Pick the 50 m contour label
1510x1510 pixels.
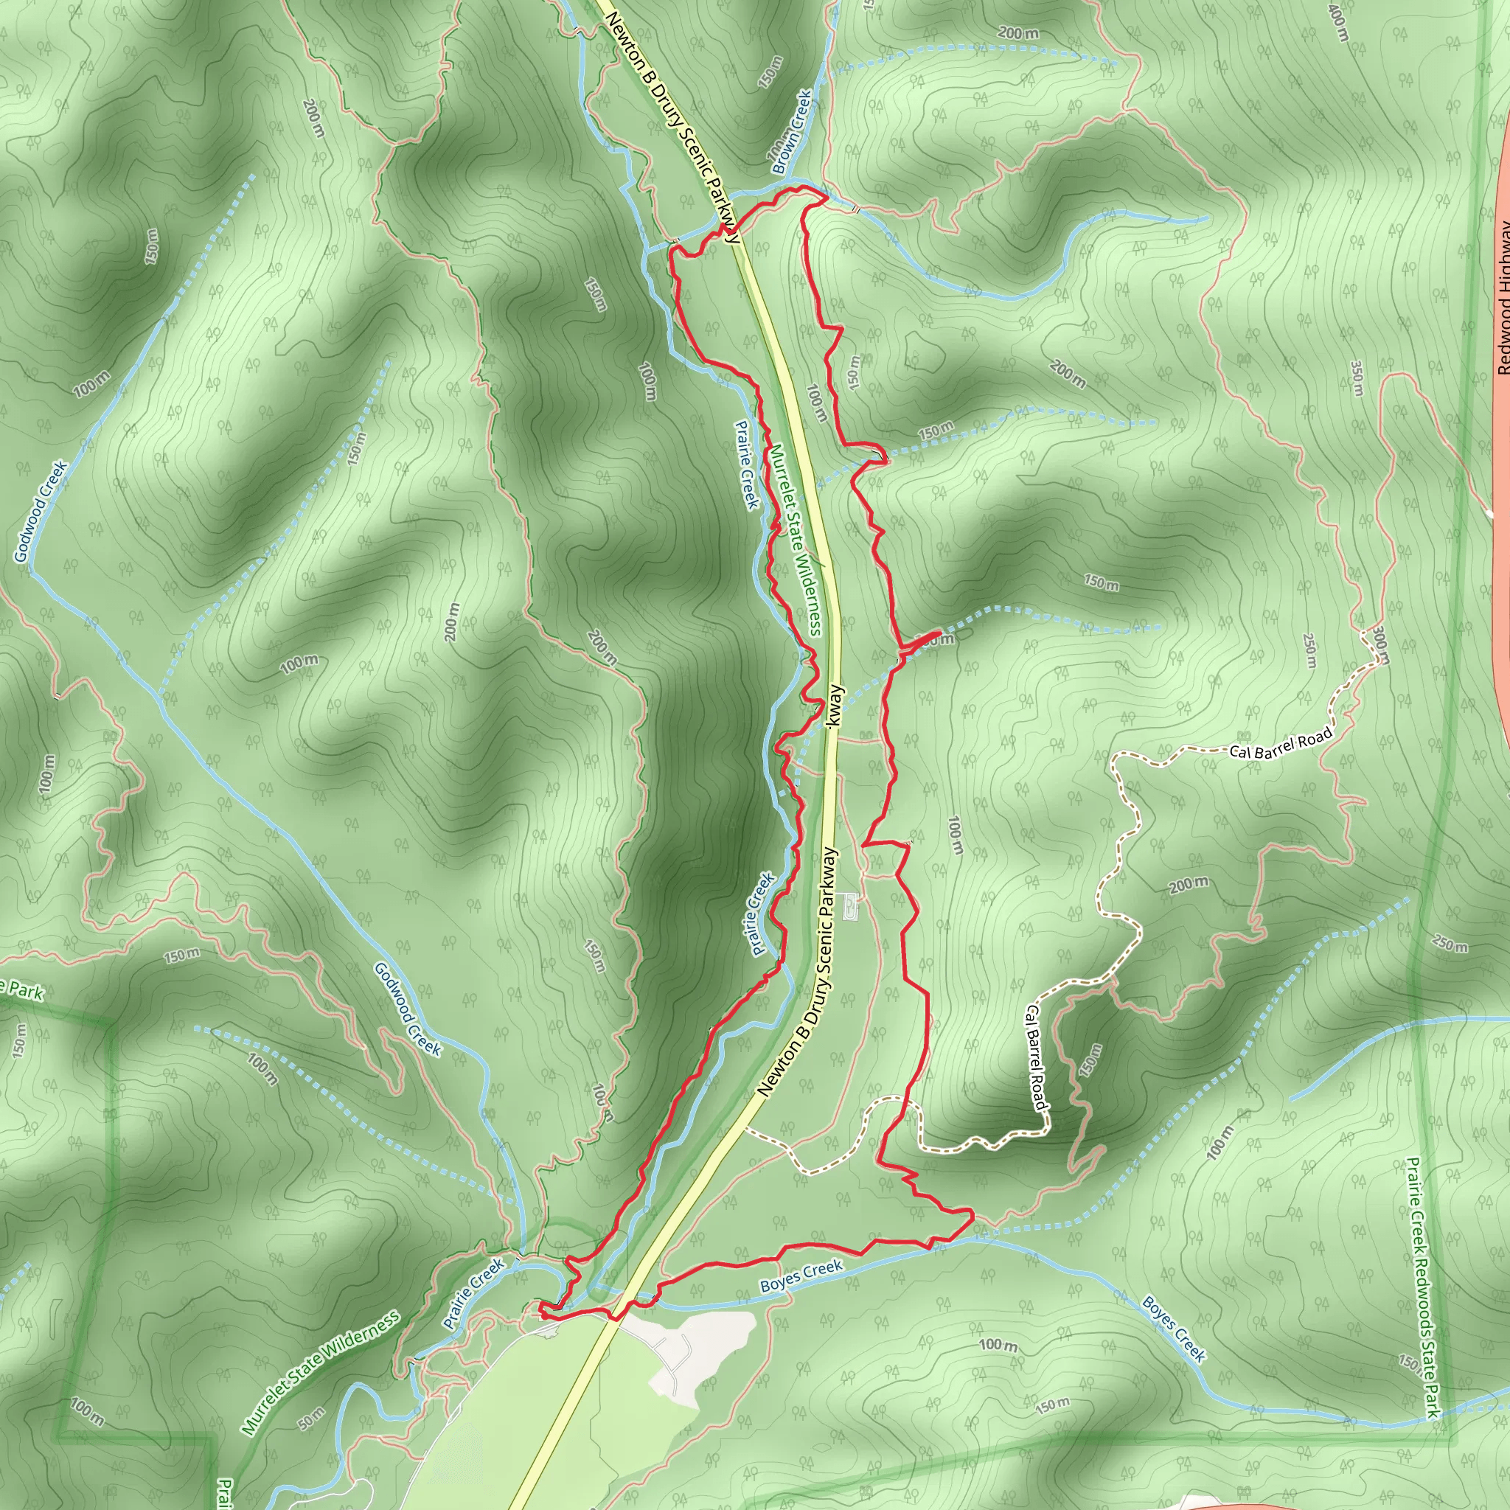[x=311, y=1418]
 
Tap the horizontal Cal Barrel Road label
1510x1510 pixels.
[x=1280, y=743]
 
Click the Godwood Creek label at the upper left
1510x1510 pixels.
[x=41, y=512]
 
